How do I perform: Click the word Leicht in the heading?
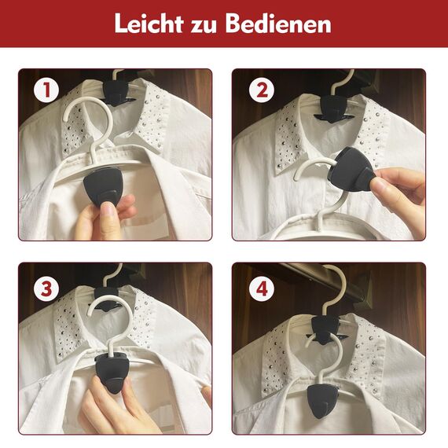pyautogui.click(x=149, y=24)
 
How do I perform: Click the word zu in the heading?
pyautogui.click(x=204, y=27)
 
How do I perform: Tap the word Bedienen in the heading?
pyautogui.click(x=278, y=24)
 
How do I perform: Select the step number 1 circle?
pyautogui.click(x=46, y=90)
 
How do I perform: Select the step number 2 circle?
pyautogui.click(x=262, y=90)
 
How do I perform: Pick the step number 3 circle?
pyautogui.click(x=46, y=289)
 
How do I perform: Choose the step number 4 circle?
pyautogui.click(x=262, y=289)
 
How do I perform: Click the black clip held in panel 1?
pyautogui.click(x=104, y=185)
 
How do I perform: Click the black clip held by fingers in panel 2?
pyautogui.click(x=353, y=167)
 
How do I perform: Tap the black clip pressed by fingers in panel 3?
pyautogui.click(x=111, y=372)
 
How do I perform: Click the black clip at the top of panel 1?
pyautogui.click(x=116, y=92)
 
